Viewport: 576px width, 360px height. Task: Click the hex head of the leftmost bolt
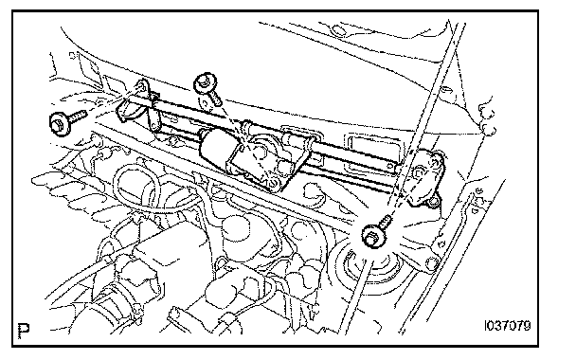point(59,124)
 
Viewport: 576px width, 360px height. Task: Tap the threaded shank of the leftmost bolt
point(77,117)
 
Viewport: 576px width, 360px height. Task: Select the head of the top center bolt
point(205,83)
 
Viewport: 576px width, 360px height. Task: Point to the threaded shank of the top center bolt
point(214,99)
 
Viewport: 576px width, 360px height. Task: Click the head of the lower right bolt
point(373,236)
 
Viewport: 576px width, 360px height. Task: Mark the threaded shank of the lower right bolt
point(385,222)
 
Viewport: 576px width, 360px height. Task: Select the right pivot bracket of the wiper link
point(422,177)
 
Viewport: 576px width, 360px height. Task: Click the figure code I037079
point(508,326)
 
